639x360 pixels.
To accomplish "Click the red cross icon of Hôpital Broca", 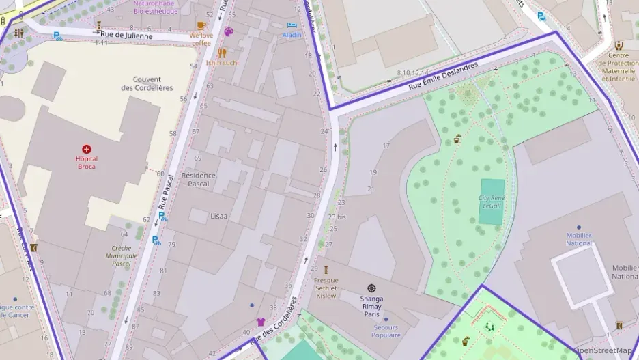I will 87,149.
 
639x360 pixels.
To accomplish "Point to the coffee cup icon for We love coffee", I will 201,26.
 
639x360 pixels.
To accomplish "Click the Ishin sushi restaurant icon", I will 222,53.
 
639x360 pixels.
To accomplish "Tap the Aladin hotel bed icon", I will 292,25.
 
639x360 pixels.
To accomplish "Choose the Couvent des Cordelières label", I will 147,83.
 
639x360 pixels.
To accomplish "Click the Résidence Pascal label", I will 198,180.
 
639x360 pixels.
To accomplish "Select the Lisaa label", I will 218,216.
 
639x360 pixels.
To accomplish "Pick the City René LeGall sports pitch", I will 492,202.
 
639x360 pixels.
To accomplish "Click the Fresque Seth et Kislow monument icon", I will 326,270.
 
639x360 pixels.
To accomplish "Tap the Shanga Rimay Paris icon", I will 371,288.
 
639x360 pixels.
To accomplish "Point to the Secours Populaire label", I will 386,331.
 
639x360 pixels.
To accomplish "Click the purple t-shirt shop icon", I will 260,321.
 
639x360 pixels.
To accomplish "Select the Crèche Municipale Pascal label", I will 121,255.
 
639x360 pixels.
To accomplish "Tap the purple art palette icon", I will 229,31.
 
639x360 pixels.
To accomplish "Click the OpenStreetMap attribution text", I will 602,350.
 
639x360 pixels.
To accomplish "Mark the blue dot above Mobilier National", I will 579,227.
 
